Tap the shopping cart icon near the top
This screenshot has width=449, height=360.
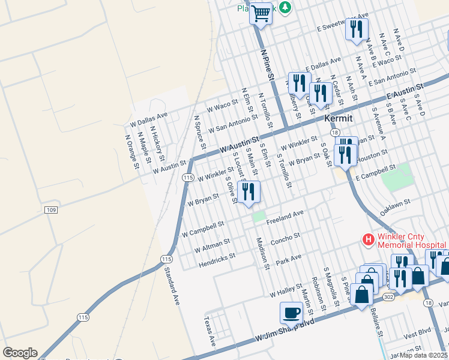261,13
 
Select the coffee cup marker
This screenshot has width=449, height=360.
292,313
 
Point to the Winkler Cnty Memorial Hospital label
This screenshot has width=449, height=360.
411,240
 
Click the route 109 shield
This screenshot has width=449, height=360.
50,209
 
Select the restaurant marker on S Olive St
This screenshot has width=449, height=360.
249,192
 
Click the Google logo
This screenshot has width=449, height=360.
20,353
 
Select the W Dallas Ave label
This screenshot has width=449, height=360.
149,119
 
